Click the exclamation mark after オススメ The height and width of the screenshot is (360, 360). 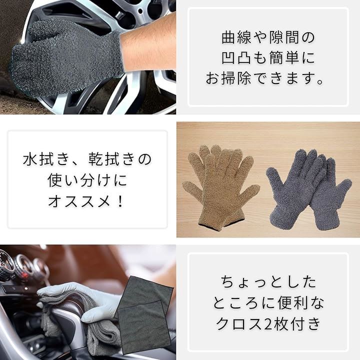tap(120, 202)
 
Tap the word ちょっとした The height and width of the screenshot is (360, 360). tap(268, 282)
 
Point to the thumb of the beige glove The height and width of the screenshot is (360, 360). tap(191, 187)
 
